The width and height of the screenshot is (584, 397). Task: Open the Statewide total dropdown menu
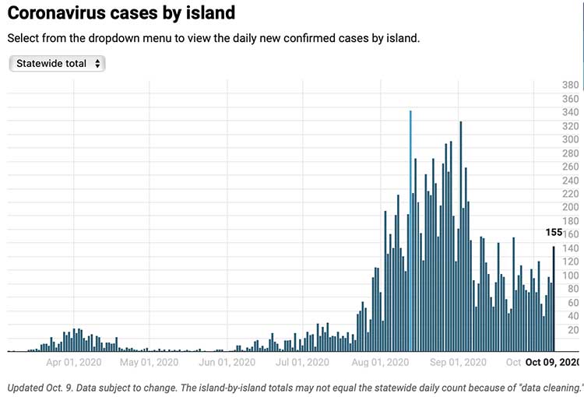click(57, 64)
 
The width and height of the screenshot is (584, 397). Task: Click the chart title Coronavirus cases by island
click(121, 13)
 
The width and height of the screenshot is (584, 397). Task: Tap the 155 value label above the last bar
click(554, 233)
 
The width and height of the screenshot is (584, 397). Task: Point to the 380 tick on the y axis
click(570, 85)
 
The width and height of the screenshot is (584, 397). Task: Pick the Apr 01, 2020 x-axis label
click(74, 362)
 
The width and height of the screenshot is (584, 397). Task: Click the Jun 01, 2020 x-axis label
click(227, 362)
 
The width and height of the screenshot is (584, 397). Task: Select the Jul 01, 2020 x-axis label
click(303, 362)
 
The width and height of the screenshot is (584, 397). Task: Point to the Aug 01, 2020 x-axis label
click(380, 362)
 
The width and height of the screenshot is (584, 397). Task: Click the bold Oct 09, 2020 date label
click(553, 362)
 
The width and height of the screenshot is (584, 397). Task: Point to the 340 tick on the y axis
click(570, 112)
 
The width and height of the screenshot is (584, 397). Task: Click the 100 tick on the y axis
click(570, 276)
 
